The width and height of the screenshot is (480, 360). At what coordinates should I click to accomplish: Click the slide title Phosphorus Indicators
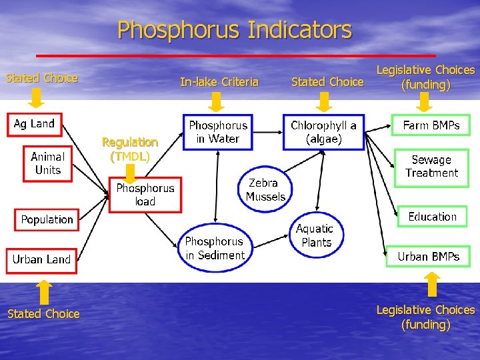(234, 30)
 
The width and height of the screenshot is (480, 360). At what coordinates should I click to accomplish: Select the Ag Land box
(35, 124)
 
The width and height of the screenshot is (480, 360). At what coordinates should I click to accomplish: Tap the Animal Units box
(48, 163)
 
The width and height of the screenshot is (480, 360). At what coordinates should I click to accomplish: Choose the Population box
(47, 219)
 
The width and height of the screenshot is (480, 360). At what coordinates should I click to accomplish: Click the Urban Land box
(41, 259)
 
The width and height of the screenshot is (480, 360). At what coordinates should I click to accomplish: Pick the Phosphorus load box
(145, 195)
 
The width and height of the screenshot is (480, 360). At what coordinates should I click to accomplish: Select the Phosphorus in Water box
(218, 132)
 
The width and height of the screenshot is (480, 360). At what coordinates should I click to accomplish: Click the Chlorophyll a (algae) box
(323, 132)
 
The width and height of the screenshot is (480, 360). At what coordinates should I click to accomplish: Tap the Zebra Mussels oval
(265, 189)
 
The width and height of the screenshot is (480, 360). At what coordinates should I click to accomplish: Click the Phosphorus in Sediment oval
(215, 248)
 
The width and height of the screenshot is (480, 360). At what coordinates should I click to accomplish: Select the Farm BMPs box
(431, 125)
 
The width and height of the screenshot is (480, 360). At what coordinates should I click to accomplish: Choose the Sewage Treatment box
(431, 166)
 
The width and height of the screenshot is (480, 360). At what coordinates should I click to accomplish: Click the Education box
(432, 217)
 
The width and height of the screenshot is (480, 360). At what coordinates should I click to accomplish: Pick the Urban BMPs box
(428, 257)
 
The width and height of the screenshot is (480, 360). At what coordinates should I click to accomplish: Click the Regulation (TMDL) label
(130, 149)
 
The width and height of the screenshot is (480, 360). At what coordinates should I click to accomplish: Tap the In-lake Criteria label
(219, 82)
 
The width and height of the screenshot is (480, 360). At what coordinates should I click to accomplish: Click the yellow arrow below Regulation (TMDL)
(131, 173)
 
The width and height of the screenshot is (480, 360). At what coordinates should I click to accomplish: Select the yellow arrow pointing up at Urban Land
(43, 291)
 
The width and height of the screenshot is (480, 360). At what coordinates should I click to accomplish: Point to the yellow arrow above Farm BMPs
(425, 102)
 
